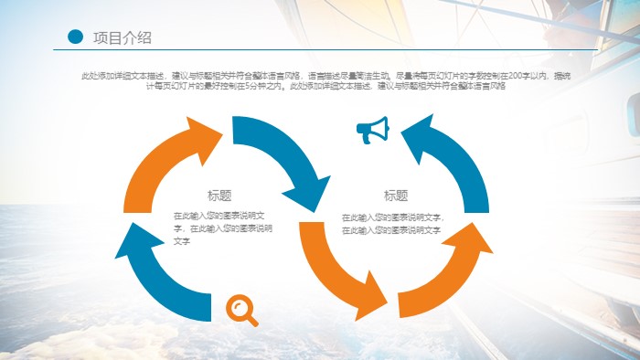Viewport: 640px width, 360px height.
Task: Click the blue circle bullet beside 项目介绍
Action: tap(75, 37)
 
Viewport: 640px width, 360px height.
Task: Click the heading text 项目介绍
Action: tap(122, 37)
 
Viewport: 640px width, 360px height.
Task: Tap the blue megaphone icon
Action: tap(372, 131)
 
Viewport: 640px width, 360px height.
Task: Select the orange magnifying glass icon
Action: tap(241, 310)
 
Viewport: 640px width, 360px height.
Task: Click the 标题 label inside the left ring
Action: tap(219, 195)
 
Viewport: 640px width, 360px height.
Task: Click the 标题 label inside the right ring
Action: tap(396, 196)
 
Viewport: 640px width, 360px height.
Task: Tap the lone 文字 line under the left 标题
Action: tap(182, 240)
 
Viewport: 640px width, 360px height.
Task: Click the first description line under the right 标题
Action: tap(393, 217)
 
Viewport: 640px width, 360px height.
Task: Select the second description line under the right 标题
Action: tap(391, 230)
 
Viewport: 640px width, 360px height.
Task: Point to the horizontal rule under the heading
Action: tap(329, 49)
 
